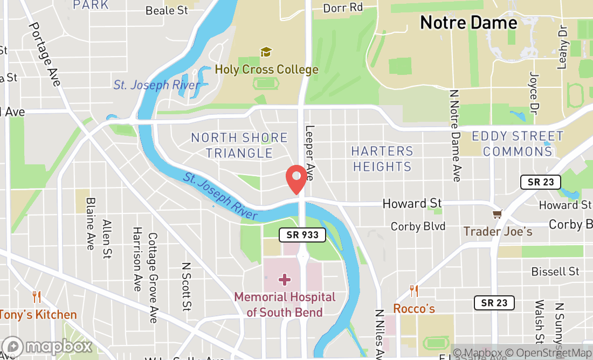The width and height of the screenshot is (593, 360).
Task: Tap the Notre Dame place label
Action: click(x=468, y=23)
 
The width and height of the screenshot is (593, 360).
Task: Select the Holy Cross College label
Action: click(x=266, y=70)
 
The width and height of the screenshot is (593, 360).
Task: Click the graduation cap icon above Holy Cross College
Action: click(x=266, y=52)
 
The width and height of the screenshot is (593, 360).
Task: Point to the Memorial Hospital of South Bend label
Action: click(x=285, y=304)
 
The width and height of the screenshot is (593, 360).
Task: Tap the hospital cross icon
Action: click(x=285, y=280)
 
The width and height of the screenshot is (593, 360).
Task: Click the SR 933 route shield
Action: click(x=302, y=235)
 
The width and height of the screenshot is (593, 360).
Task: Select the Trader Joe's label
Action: click(x=498, y=231)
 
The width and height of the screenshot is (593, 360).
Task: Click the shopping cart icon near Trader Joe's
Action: click(x=498, y=214)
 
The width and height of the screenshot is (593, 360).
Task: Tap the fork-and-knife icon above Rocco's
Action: click(x=414, y=291)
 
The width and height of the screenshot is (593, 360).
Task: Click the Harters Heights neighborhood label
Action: click(x=383, y=158)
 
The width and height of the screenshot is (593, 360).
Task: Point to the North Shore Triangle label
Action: click(x=239, y=146)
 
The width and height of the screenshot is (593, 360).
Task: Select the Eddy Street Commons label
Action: click(x=518, y=143)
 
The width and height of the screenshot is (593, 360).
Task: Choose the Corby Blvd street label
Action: click(x=418, y=226)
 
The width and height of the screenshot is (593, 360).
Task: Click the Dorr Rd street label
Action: click(x=343, y=8)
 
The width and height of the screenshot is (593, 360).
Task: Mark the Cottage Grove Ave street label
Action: click(x=153, y=277)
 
